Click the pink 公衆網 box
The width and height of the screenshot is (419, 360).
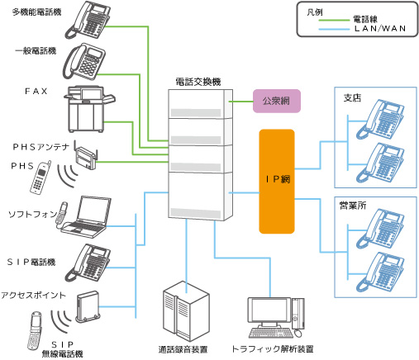(x=275, y=102)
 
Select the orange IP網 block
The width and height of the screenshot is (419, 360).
(x=277, y=180)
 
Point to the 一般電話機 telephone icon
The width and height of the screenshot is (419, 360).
(x=86, y=60)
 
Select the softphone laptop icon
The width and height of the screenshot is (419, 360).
(x=86, y=214)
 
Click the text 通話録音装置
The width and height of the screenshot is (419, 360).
(x=182, y=349)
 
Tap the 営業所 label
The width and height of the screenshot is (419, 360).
(x=354, y=203)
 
